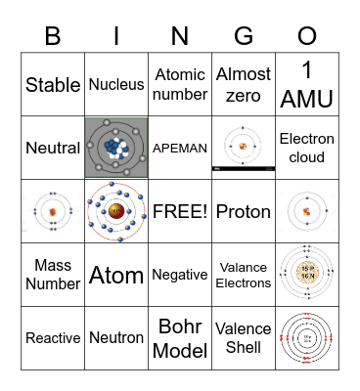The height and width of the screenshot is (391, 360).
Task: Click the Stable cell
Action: [53, 85]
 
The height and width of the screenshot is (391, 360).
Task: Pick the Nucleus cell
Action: [116, 85]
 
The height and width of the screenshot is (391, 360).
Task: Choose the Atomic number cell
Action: [180, 85]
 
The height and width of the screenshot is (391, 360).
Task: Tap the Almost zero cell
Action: [244, 85]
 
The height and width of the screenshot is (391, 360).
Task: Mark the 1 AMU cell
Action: [307, 85]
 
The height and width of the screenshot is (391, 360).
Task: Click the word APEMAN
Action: [180, 149]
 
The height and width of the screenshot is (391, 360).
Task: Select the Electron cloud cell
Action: [307, 149]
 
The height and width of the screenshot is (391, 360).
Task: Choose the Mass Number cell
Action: [53, 275]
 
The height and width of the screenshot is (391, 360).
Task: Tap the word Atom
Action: [116, 276]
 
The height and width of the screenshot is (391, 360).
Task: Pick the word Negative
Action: [180, 276]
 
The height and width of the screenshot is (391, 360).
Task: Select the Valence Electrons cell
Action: [244, 276]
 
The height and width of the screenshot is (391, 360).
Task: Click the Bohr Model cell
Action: [180, 338]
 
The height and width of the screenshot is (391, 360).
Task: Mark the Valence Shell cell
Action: [244, 338]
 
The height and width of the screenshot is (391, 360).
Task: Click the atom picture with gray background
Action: [116, 149]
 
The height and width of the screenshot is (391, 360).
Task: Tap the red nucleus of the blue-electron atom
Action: [116, 211]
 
